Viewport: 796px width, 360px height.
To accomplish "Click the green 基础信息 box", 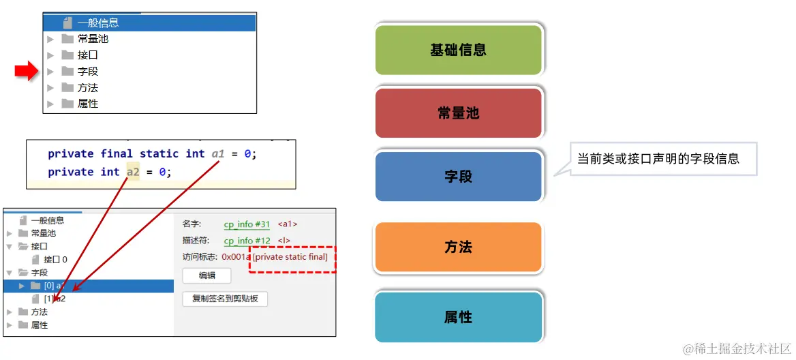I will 458,50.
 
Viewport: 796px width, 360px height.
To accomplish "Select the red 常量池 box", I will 458,113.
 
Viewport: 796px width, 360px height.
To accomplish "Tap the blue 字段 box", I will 458,177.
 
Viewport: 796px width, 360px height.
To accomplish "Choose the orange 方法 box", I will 458,247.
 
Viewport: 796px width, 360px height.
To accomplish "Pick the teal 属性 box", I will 458,317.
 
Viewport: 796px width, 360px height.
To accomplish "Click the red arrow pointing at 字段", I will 27,71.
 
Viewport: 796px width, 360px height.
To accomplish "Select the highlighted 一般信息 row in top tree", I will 149,22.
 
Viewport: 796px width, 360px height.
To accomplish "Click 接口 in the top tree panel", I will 87,55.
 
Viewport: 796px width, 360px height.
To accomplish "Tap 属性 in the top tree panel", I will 87,104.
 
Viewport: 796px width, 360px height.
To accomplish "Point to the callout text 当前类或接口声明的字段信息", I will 658,159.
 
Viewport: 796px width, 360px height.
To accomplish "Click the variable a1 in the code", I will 217,154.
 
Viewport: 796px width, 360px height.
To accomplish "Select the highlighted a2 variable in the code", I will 133,172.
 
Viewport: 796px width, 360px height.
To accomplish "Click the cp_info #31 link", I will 247,224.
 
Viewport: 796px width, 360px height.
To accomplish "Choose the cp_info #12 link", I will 247,241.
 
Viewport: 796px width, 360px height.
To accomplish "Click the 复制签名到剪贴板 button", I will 225,299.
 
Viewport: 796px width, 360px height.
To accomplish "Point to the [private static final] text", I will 290,257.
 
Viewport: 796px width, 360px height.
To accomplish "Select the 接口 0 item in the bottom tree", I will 55,260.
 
